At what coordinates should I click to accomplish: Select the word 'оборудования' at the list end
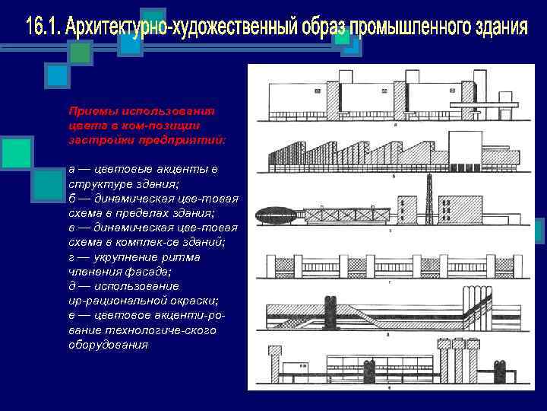click(108, 344)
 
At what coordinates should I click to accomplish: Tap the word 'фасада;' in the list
click(150, 271)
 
